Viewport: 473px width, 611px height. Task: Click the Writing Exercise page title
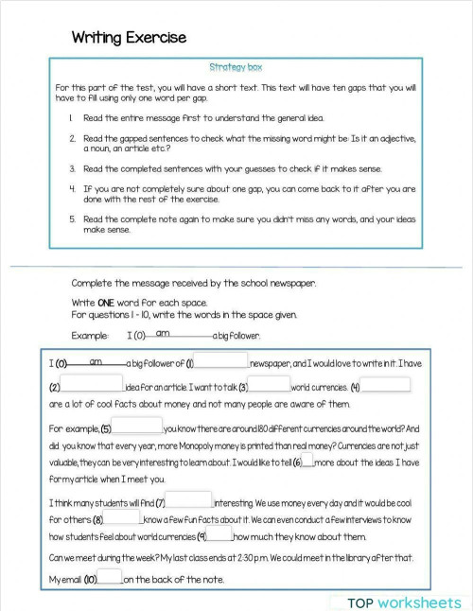[x=129, y=38]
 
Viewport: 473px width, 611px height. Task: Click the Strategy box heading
[x=236, y=67]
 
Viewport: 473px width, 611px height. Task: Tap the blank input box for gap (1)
[x=221, y=360]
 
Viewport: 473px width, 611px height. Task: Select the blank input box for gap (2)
[x=92, y=384]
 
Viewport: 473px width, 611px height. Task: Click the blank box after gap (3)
[x=270, y=384]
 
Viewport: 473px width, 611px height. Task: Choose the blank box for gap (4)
[x=386, y=384]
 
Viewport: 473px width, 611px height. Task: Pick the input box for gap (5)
[x=137, y=426]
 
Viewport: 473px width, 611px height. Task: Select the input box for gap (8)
[x=123, y=517]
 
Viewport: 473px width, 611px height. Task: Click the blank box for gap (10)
[x=110, y=576]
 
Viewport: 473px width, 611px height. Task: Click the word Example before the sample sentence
[x=89, y=336]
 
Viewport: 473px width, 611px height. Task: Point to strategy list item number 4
[x=72, y=188]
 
